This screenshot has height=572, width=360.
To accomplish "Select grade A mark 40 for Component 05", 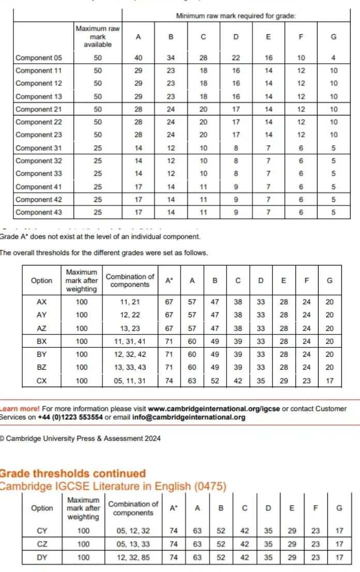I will [x=138, y=57].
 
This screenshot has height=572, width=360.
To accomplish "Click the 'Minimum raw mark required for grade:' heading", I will [x=236, y=16].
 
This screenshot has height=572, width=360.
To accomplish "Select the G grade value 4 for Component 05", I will [x=334, y=57].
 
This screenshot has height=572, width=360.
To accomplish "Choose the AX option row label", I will [x=41, y=302].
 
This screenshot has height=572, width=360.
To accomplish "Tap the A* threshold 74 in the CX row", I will [x=169, y=381].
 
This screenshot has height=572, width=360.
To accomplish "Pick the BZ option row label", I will [x=41, y=368].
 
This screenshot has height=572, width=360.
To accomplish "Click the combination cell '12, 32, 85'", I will [x=133, y=558].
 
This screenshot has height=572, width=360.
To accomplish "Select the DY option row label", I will [x=42, y=558].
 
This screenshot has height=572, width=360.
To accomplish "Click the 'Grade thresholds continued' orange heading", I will [x=72, y=473].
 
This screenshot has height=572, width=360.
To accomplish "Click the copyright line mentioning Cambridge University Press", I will [x=80, y=438].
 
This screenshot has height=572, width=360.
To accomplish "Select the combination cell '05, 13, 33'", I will [x=133, y=544].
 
